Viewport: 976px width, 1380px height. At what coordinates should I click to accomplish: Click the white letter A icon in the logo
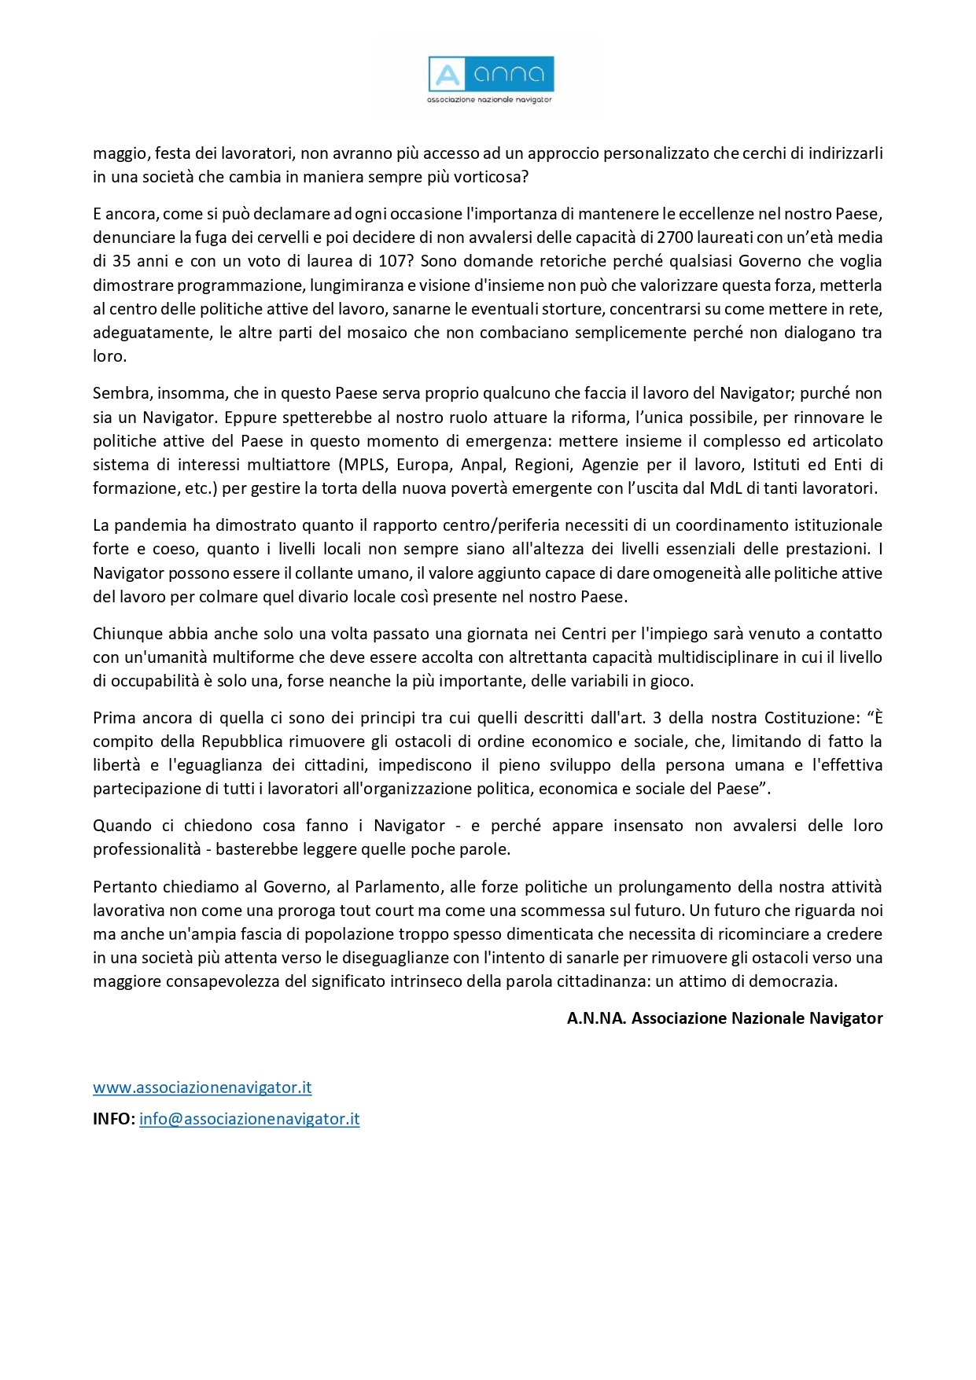(447, 75)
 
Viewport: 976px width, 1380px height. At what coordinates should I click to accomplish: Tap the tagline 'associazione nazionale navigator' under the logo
(489, 100)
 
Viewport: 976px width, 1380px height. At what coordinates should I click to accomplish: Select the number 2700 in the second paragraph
(675, 237)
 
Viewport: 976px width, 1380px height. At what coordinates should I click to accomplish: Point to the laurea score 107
(393, 261)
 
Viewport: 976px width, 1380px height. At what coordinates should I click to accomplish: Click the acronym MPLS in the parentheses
(364, 465)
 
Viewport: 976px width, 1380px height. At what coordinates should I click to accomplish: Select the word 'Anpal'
(481, 465)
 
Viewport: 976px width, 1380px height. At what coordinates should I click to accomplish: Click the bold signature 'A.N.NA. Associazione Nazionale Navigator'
(724, 1018)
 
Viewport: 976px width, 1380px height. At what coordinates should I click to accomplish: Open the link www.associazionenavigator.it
(202, 1087)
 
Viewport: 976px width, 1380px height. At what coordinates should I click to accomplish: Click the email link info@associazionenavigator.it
(249, 1119)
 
